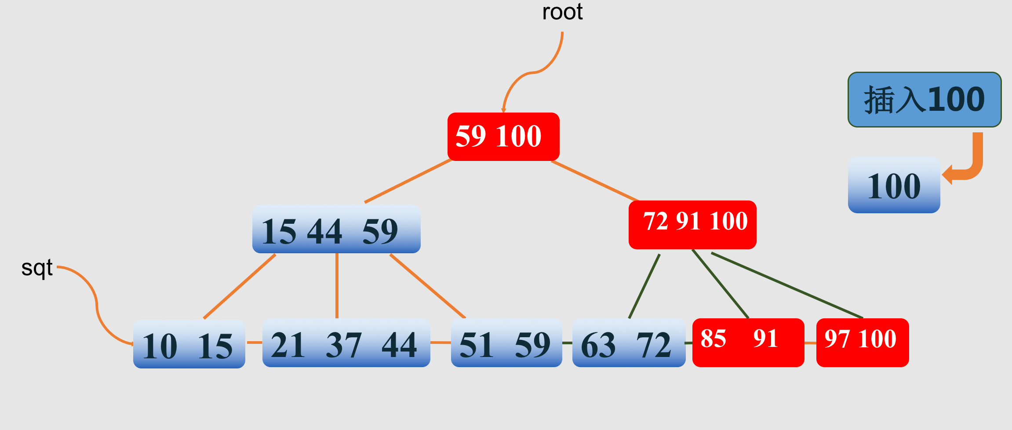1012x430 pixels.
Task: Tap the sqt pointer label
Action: (x=37, y=268)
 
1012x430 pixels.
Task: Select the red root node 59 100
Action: (x=503, y=137)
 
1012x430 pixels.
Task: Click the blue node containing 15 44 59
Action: (x=336, y=229)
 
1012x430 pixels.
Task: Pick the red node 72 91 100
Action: (x=692, y=225)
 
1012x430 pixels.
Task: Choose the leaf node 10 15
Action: (x=189, y=344)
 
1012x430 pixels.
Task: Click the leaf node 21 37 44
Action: (x=346, y=343)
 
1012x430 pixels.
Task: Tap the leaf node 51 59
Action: (x=506, y=343)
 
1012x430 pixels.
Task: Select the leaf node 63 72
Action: (x=629, y=343)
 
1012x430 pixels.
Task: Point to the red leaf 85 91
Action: (x=748, y=342)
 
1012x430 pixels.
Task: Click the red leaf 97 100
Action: (x=863, y=342)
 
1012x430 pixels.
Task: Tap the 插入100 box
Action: (x=925, y=100)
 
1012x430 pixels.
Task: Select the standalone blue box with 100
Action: (x=894, y=185)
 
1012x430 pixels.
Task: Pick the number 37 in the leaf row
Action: (x=343, y=345)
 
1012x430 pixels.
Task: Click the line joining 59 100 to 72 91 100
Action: (x=593, y=181)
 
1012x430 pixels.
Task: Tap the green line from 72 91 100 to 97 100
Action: (x=787, y=285)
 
